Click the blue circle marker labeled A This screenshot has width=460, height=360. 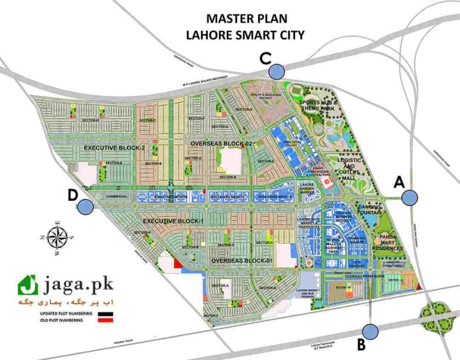[410, 196]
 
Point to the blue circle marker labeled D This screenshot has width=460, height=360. [86, 207]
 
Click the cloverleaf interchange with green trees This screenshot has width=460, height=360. [436, 312]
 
